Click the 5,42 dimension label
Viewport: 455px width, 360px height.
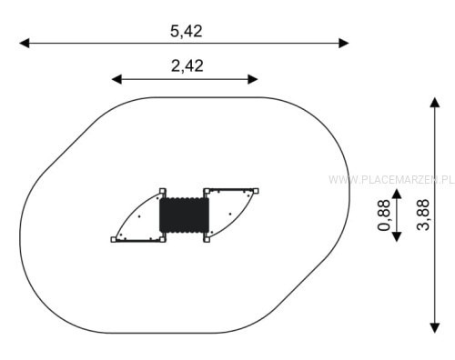186,31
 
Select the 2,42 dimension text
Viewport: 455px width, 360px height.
187,65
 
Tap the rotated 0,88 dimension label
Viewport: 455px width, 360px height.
384,215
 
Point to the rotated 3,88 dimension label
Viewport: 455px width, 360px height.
423,215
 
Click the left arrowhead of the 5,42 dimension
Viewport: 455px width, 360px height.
25,43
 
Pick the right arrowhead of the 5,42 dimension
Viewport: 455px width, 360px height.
344,43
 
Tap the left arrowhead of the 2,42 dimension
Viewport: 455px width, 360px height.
116,79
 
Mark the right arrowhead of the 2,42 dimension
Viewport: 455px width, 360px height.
253,79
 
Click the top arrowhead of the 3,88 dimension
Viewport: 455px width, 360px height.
435,103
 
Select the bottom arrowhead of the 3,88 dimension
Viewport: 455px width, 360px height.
435,328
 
